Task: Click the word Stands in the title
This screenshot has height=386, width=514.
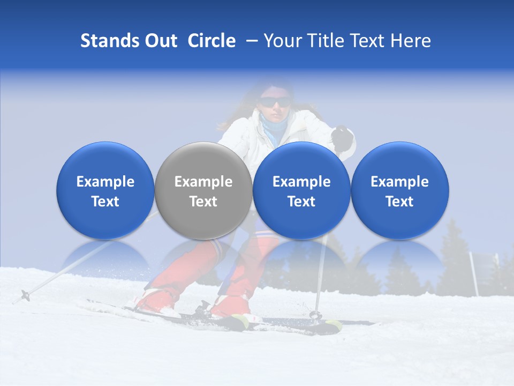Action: (110, 41)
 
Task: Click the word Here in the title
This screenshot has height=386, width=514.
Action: (411, 41)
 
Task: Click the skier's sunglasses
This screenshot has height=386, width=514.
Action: (275, 102)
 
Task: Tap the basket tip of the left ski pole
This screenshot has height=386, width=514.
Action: (25, 294)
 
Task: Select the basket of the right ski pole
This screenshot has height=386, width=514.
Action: (316, 315)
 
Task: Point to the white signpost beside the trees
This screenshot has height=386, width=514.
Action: (474, 273)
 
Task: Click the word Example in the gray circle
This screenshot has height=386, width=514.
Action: (203, 182)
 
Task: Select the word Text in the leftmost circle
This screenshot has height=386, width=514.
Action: (105, 202)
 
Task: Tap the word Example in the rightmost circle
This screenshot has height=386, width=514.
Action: (399, 182)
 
